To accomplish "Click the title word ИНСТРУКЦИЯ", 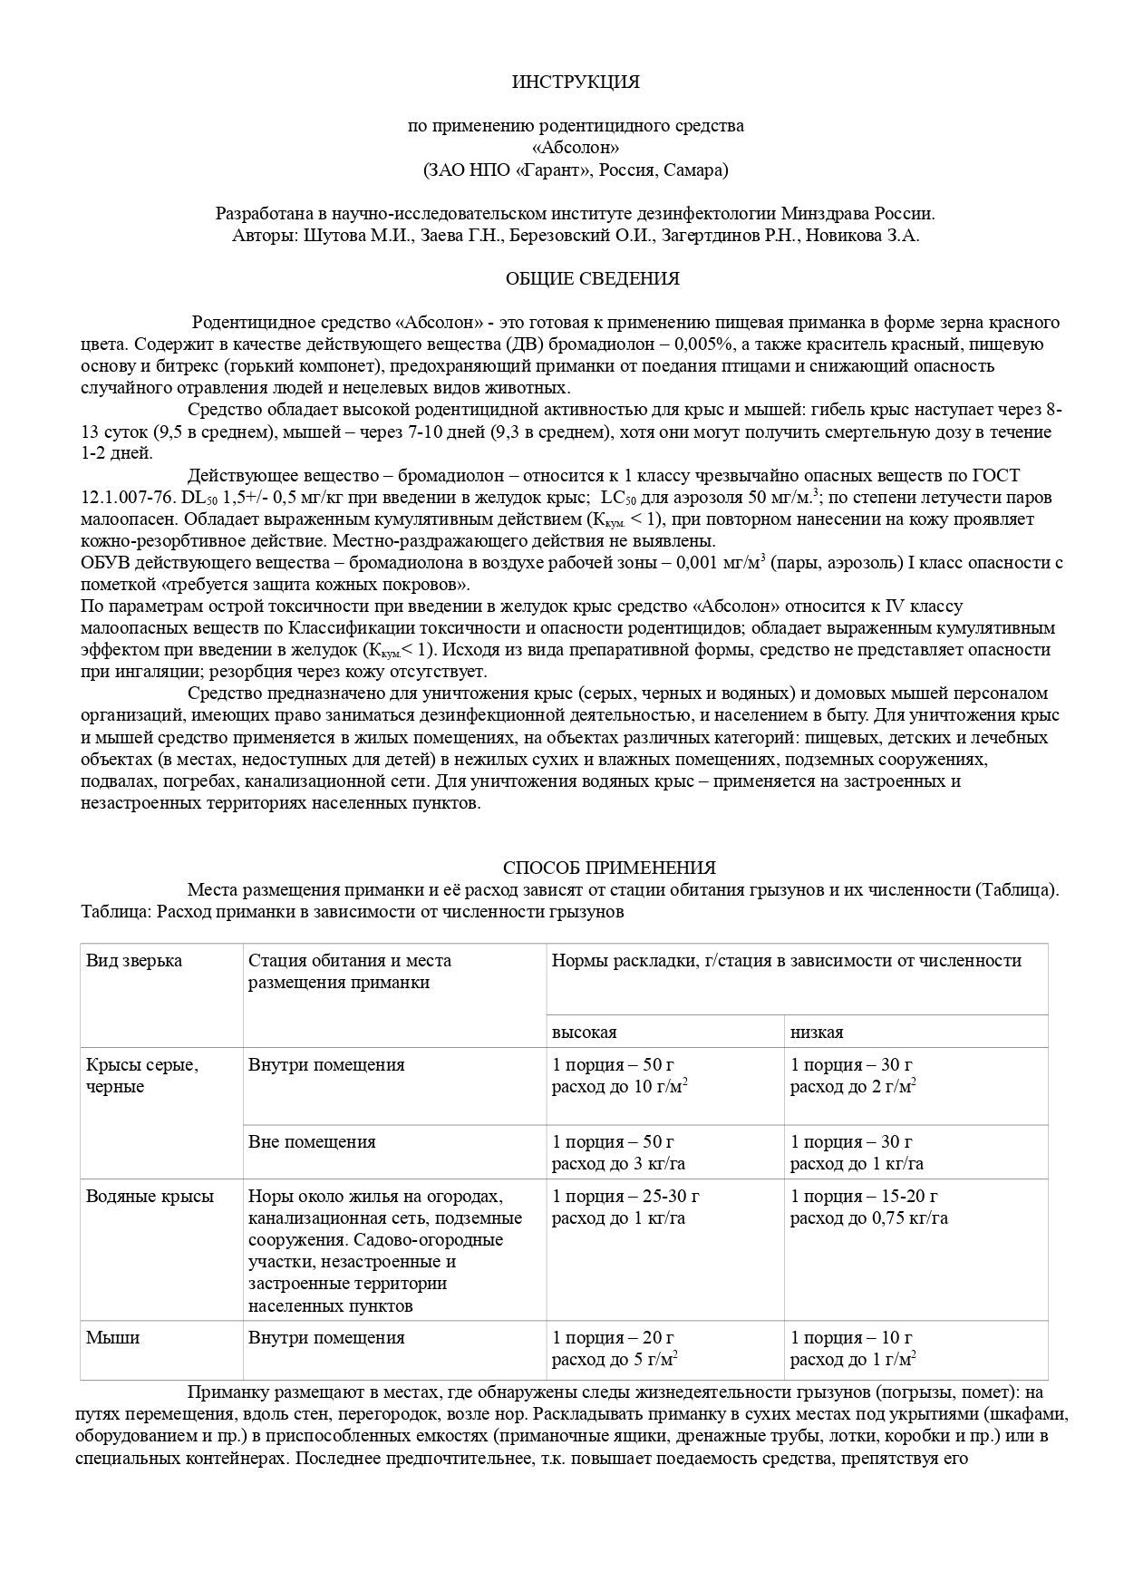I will point(576,82).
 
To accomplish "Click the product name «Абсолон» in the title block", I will point(576,147).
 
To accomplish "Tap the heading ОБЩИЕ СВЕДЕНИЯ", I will point(592,278).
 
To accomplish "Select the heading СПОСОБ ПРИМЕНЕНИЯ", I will point(609,868).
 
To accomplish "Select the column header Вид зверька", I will point(134,961).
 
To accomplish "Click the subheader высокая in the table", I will point(585,1032).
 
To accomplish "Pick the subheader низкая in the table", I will point(817,1032).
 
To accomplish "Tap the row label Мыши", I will point(113,1337).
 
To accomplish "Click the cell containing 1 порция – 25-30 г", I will point(625,1196).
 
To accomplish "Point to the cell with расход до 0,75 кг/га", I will point(868,1218).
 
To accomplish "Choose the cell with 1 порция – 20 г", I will point(613,1337).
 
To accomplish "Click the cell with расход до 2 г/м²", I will point(852,1087).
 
